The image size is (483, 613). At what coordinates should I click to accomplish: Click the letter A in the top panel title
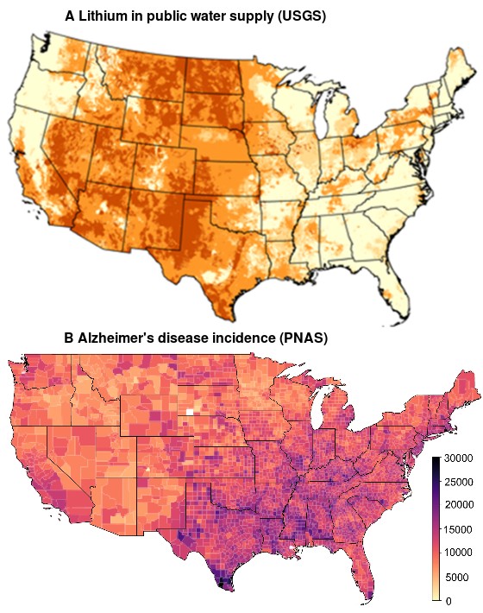[71, 16]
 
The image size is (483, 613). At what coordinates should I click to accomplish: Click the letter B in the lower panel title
[70, 338]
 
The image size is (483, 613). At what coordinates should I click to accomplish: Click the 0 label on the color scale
[448, 601]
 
